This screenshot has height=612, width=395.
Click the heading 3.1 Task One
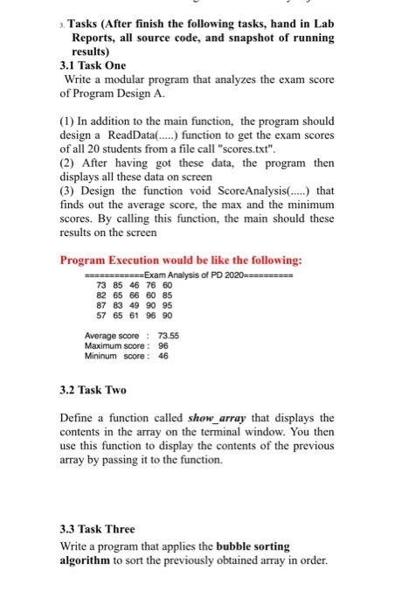click(92, 65)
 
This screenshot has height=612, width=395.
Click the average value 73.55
click(167, 336)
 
